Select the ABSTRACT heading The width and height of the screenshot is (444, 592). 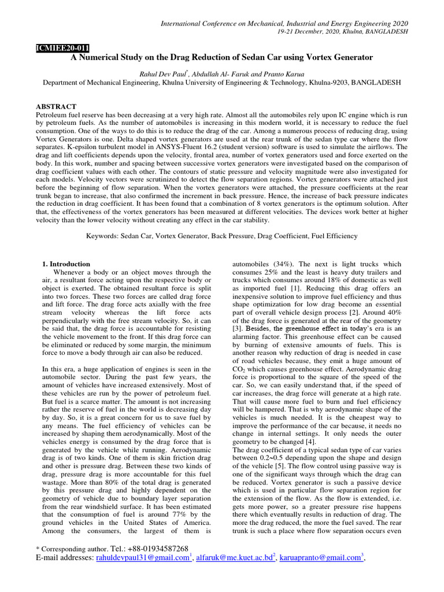point(56,107)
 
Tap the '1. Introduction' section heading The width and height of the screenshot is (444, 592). point(66,264)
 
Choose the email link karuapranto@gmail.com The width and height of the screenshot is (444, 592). point(320,558)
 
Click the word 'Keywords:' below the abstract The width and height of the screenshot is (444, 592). point(103,236)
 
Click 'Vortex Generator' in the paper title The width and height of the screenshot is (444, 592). point(338,58)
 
